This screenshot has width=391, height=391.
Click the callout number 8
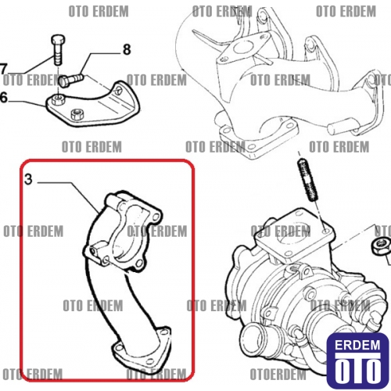(127, 49)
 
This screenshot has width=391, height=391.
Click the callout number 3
(28, 179)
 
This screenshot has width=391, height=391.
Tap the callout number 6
(4, 98)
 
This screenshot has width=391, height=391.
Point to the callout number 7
(2, 70)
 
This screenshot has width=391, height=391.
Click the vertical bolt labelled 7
(58, 50)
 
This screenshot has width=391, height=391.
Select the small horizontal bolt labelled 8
(71, 80)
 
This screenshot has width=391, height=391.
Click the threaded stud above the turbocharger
(308, 181)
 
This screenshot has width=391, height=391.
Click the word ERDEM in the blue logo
(357, 345)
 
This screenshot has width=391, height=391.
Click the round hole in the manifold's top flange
(242, 48)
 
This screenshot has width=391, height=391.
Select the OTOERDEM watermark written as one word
(278, 375)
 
